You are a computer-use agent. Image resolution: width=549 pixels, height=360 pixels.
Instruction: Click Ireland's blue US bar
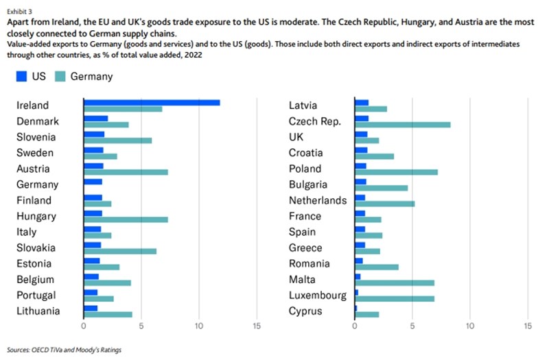151,102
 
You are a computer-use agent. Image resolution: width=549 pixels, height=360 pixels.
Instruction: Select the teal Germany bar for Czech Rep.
402,124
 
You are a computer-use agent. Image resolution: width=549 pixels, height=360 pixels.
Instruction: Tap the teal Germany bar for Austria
125,172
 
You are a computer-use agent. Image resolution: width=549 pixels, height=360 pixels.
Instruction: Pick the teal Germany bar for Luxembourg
394,298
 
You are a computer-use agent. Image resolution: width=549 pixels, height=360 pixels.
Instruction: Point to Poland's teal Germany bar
396,172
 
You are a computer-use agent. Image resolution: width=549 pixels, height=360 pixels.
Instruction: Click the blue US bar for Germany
92,182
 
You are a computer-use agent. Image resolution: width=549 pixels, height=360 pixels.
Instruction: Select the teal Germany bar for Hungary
125,219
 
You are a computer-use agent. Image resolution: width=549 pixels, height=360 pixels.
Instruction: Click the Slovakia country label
36,248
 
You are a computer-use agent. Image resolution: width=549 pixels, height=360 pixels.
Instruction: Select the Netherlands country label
318,200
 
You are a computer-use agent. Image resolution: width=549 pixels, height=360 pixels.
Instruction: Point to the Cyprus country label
307,311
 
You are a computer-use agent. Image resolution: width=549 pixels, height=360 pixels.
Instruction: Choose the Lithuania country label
38,311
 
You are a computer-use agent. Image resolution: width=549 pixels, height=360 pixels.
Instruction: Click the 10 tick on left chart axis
198,326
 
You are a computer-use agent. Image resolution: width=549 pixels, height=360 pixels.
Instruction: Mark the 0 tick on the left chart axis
83,326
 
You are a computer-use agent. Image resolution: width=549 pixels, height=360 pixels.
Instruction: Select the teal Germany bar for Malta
394,283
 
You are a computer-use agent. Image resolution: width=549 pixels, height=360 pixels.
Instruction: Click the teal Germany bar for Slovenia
117,141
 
